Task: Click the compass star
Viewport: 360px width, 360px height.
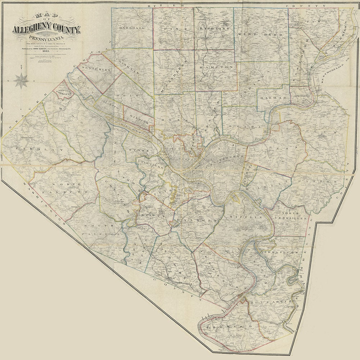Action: pyautogui.click(x=21, y=80)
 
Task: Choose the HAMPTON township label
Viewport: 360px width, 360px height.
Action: pyautogui.click(x=216, y=67)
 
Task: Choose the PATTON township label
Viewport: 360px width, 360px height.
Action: pyautogui.click(x=320, y=183)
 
